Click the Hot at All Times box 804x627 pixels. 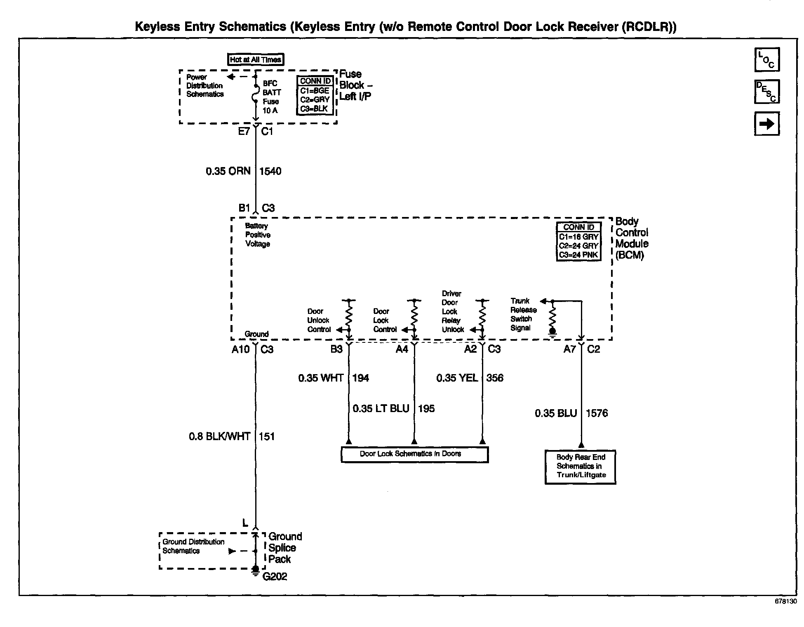click(x=256, y=59)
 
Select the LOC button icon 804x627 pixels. click(x=766, y=60)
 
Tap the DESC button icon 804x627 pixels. click(x=766, y=92)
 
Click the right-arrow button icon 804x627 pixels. click(x=766, y=124)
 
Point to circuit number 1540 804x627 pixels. click(x=270, y=171)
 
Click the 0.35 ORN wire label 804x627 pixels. click(x=228, y=171)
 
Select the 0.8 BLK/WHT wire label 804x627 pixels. click(x=219, y=436)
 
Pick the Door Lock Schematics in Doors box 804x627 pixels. click(x=414, y=454)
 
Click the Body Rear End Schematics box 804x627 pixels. click(x=581, y=467)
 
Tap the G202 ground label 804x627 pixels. click(x=275, y=577)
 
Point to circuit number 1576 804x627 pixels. click(x=597, y=413)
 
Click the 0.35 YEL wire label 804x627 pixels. click(x=457, y=378)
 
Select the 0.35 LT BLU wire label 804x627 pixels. click(x=381, y=408)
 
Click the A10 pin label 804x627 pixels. click(x=240, y=349)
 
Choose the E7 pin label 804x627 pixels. click(x=244, y=132)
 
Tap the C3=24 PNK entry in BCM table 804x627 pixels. click(x=578, y=255)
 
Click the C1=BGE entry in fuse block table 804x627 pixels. click(x=315, y=91)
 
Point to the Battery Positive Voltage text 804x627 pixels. click(x=258, y=235)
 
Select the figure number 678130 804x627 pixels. click(x=785, y=601)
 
